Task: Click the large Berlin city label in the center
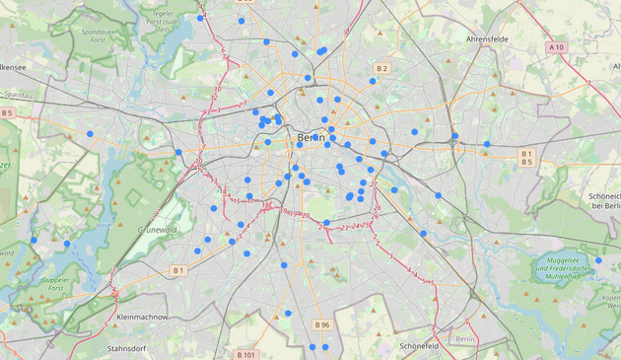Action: coord(311,137)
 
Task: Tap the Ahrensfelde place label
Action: coord(491,39)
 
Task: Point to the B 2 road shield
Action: coord(382,68)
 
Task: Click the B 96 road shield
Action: coord(321,324)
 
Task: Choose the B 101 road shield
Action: coord(246,354)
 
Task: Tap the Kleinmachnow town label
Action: coord(141,318)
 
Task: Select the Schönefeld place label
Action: coord(426,346)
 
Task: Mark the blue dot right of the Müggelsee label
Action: coord(598,260)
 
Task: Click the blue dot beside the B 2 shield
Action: coord(373,81)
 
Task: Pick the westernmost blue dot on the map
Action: coord(34,240)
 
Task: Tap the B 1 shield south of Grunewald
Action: coord(178,270)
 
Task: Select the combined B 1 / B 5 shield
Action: coord(526,158)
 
